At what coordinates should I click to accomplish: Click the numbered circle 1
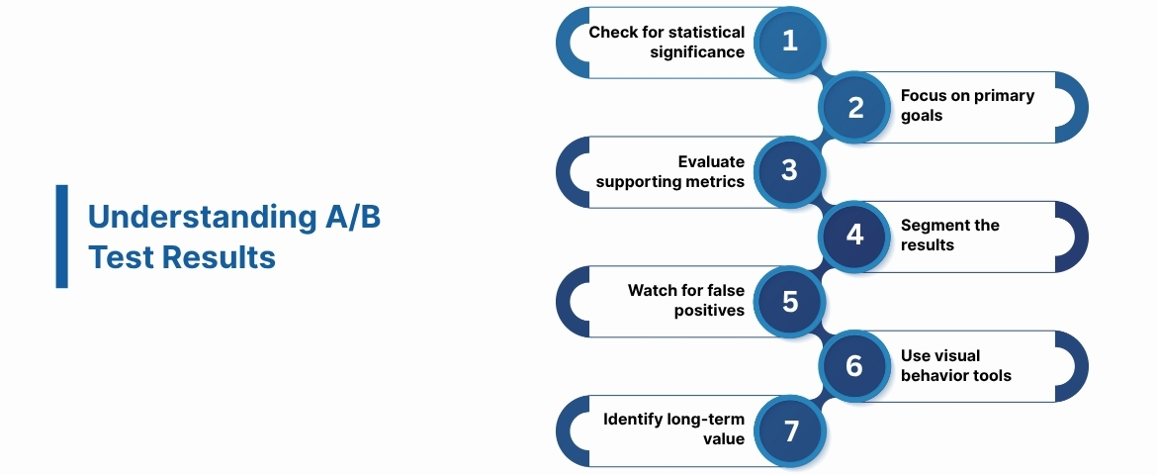tap(789, 41)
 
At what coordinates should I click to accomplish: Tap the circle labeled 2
tap(855, 107)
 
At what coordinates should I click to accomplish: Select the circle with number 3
tap(789, 171)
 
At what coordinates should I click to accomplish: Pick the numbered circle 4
tap(855, 236)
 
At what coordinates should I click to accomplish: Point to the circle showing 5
tap(789, 301)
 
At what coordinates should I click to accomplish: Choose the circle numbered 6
tap(855, 366)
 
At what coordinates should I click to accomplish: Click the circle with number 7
tap(789, 431)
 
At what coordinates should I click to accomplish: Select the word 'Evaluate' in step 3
tap(711, 162)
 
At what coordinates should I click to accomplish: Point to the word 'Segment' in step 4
tap(932, 226)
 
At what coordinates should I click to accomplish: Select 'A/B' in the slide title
tap(353, 218)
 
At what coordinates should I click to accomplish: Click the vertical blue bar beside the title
tap(61, 237)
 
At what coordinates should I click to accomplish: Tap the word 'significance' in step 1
tap(697, 51)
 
